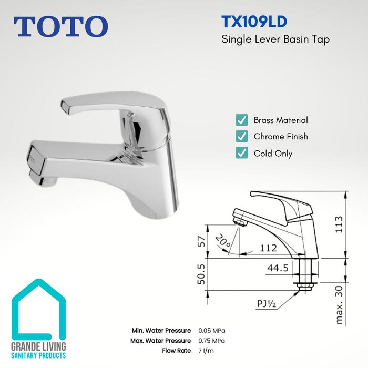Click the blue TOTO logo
(x=62, y=26)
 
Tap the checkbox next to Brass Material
(x=241, y=120)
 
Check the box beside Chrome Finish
(x=241, y=137)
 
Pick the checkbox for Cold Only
(x=241, y=154)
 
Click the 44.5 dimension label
(x=277, y=268)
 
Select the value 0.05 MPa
(x=212, y=331)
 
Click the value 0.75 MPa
(x=212, y=341)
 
